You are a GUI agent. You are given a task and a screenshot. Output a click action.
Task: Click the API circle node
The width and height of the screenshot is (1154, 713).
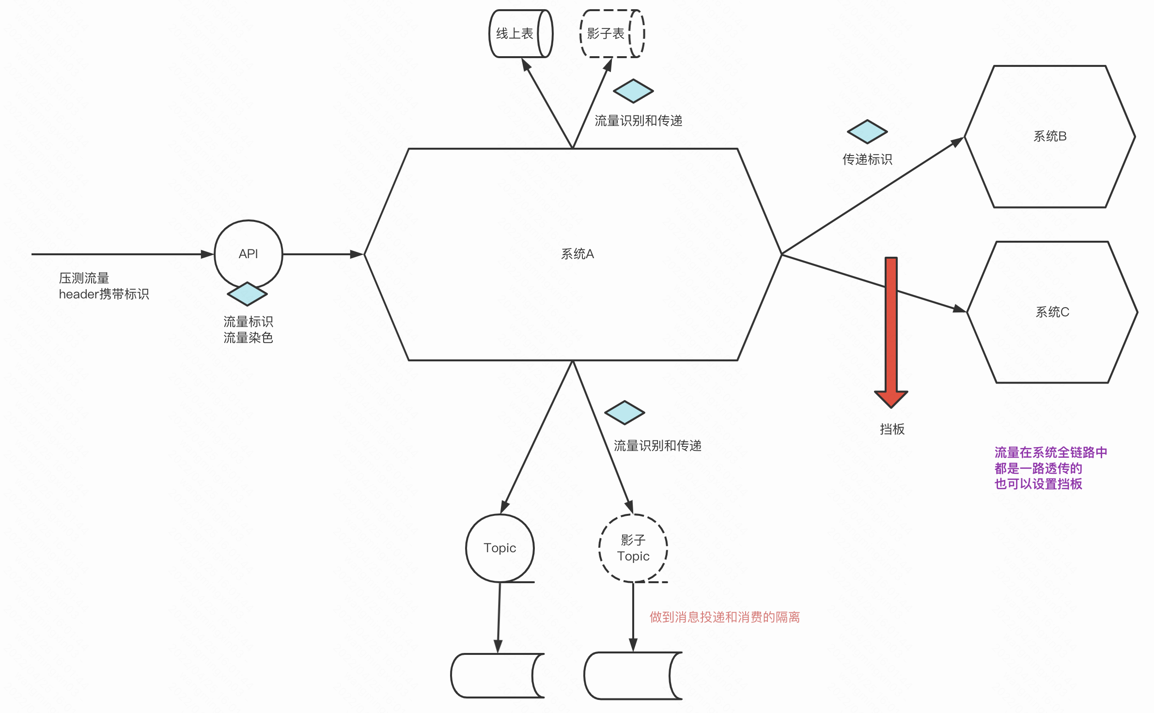[248, 254]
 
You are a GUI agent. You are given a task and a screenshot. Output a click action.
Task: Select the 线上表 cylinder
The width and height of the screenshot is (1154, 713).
[520, 33]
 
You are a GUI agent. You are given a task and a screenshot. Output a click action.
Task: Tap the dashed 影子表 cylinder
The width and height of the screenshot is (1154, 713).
[611, 33]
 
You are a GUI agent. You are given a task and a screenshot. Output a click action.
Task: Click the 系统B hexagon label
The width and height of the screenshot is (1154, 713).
[1050, 136]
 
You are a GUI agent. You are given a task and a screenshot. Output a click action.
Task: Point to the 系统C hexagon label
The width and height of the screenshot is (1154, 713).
[1052, 312]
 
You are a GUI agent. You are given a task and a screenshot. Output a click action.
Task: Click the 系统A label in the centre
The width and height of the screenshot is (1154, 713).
[577, 254]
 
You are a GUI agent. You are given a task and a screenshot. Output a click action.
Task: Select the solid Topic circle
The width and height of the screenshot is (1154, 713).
[499, 548]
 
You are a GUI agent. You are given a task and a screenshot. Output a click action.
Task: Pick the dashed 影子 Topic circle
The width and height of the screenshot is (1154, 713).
[633, 548]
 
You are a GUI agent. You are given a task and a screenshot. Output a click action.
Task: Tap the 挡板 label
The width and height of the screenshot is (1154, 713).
[892, 429]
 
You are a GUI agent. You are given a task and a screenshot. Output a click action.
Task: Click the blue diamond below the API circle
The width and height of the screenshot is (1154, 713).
[247, 294]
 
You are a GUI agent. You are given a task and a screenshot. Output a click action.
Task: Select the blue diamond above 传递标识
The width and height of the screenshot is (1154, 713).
[867, 132]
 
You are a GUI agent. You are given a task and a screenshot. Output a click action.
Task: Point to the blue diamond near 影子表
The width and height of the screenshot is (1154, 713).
[633, 91]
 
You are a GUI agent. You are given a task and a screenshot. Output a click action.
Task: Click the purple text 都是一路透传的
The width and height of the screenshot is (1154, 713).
[1038, 468]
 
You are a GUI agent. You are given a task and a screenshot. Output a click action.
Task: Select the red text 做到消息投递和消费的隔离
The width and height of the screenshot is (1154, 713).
[724, 617]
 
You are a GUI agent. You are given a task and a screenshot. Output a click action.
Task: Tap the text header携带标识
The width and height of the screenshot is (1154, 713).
[104, 294]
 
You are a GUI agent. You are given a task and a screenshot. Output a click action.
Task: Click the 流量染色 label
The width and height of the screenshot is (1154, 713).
[248, 338]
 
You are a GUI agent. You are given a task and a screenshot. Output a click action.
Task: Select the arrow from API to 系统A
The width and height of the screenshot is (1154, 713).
[323, 254]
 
